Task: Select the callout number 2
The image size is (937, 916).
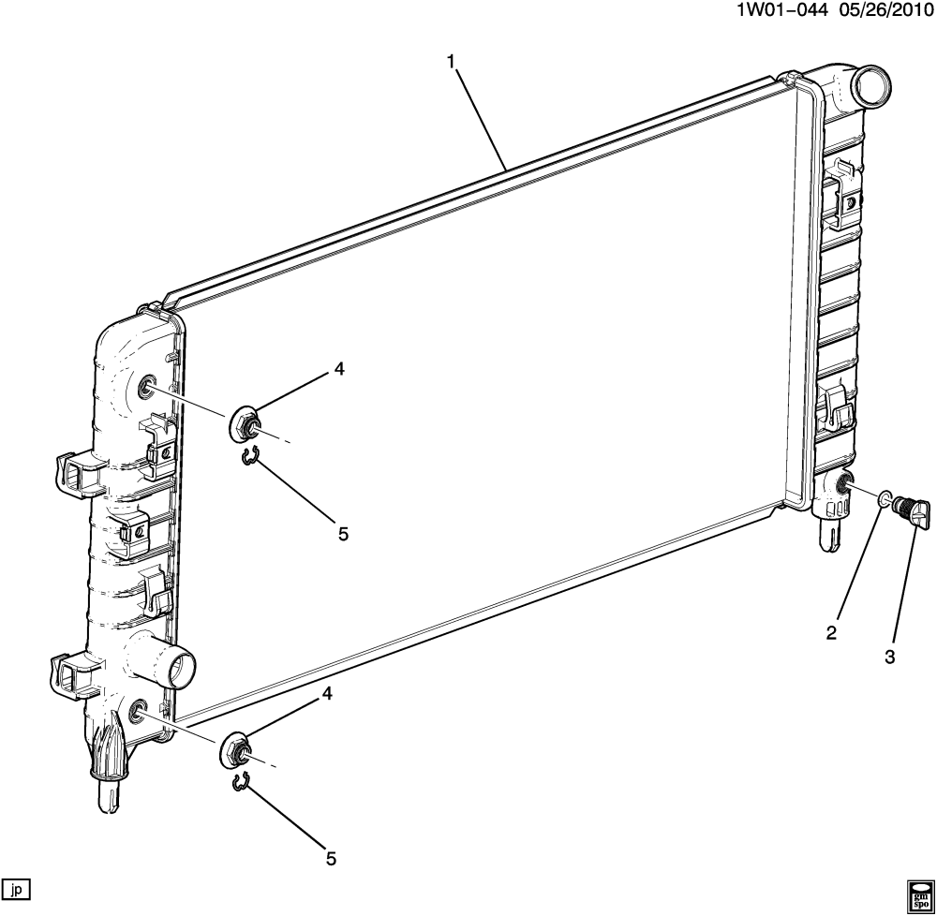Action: [831, 633]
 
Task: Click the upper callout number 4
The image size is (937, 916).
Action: [339, 370]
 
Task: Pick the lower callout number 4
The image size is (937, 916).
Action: [327, 693]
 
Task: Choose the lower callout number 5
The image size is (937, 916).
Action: [330, 856]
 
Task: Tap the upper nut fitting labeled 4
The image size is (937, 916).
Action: [245, 425]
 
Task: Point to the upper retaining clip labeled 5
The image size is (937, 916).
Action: [248, 457]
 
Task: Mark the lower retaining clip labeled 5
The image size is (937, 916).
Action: [241, 782]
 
